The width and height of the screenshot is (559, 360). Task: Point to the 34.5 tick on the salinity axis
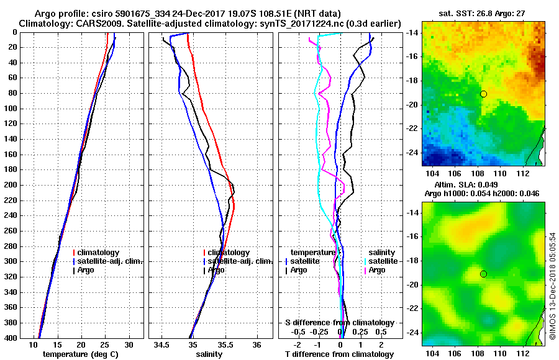click(x=162, y=344)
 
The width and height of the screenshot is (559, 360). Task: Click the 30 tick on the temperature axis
click(x=129, y=344)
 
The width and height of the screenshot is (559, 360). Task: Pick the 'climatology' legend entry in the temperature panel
click(x=99, y=253)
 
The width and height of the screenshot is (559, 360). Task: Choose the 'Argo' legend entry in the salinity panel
click(x=216, y=270)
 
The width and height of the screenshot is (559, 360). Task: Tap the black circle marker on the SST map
click(x=483, y=94)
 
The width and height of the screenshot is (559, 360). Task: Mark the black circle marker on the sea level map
click(x=483, y=274)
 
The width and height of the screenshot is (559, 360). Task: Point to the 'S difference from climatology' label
click(x=340, y=323)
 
